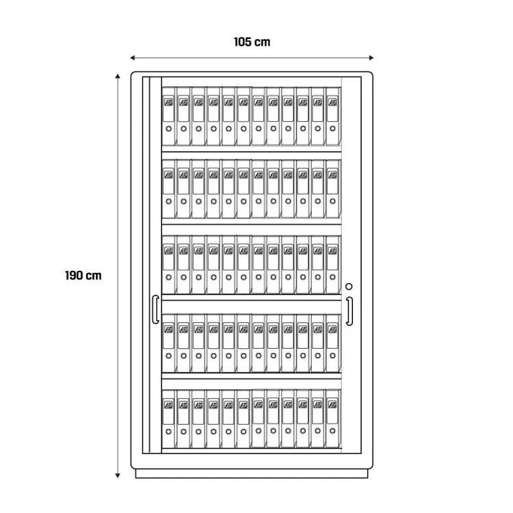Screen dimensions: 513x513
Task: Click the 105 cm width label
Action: click(252, 42)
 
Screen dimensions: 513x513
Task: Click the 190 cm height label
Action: click(83, 276)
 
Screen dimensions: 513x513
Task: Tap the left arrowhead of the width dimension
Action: click(133, 58)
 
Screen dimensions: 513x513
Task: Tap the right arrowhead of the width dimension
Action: click(371, 58)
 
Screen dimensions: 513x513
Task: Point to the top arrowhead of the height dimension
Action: click(118, 77)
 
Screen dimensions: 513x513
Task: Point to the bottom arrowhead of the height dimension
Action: click(118, 475)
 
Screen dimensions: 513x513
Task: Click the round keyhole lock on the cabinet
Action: click(349, 287)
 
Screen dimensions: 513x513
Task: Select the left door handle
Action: click(155, 309)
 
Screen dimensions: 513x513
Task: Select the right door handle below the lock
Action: click(350, 311)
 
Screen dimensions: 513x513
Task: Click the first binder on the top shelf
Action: click(169, 116)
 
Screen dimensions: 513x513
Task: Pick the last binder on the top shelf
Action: click(333, 116)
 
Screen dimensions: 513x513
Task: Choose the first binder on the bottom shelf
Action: click(169, 419)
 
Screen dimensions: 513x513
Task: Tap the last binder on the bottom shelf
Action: click(333, 419)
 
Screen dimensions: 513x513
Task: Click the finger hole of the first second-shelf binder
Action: click(169, 202)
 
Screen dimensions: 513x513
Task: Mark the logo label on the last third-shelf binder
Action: click(332, 250)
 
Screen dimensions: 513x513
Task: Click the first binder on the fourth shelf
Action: click(169, 343)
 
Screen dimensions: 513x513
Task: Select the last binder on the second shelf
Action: click(333, 189)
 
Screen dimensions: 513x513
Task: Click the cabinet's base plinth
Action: click(252, 474)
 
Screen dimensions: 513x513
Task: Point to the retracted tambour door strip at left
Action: click(152, 265)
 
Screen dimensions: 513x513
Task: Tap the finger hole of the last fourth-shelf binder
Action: click(332, 356)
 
